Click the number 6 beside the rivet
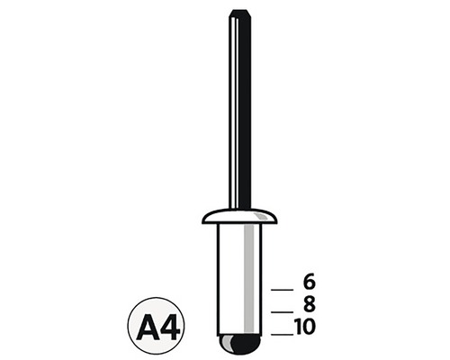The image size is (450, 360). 309,282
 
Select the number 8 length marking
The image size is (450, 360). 309,304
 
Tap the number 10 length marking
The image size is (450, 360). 305,327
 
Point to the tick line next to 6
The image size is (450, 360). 282,290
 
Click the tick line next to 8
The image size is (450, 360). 282,312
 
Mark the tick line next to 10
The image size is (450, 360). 282,334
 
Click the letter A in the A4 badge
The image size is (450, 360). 147,328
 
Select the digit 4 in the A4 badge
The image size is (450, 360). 170,328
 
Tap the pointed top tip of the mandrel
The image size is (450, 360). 239,10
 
